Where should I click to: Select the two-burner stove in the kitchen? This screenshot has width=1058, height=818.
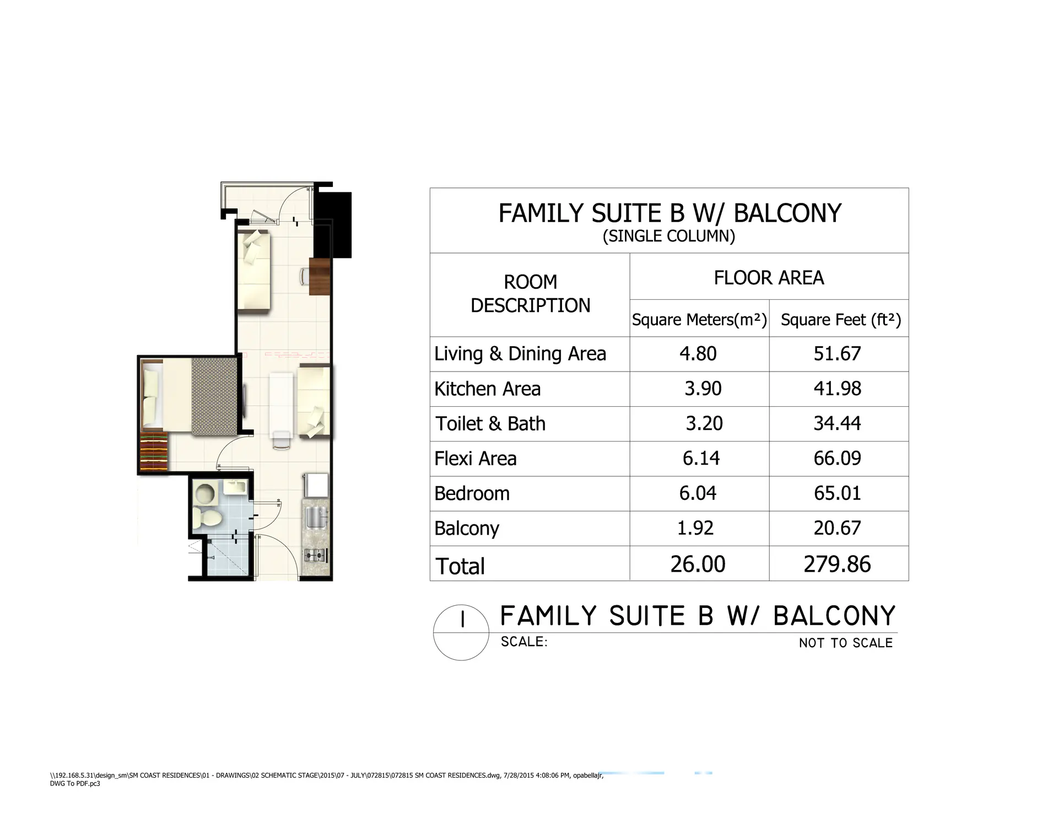(x=316, y=555)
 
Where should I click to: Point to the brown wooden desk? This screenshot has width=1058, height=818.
(x=320, y=277)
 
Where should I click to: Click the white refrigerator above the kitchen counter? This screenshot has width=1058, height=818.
(x=317, y=486)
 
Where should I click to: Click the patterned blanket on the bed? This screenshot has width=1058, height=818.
(x=214, y=397)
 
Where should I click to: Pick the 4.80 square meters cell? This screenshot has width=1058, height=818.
(x=698, y=353)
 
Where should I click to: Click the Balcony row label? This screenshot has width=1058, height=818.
(x=467, y=528)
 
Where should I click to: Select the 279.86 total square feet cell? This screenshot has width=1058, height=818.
(x=838, y=564)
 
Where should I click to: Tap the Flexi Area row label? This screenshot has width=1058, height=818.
(x=476, y=459)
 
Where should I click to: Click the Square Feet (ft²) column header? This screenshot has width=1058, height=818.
(x=840, y=320)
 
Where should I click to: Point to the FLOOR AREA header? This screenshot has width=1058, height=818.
(x=769, y=277)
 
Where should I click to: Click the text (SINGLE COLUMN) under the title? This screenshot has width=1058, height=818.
(x=669, y=236)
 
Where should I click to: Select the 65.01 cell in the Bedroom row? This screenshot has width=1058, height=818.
(x=838, y=493)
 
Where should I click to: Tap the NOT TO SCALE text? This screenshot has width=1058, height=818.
(x=846, y=643)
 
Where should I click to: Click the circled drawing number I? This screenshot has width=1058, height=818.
(x=461, y=633)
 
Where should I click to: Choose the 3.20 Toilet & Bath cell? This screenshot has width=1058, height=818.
(x=704, y=423)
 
